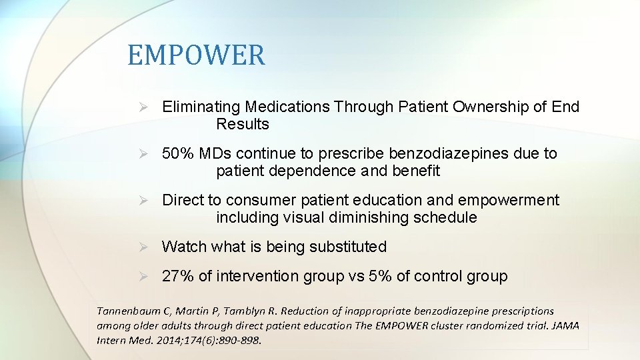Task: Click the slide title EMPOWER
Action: click(x=196, y=55)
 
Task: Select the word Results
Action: click(x=243, y=124)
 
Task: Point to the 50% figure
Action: click(x=178, y=153)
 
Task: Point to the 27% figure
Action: click(x=177, y=276)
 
